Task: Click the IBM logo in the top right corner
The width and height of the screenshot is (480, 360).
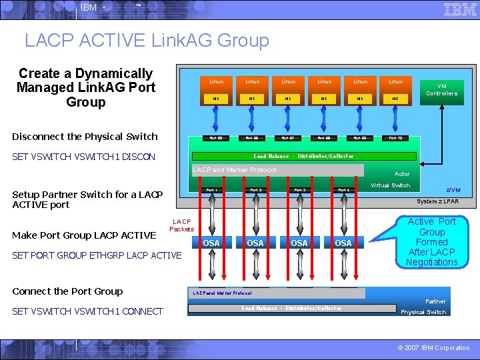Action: coord(460,9)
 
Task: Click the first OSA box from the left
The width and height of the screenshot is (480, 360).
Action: coord(211,243)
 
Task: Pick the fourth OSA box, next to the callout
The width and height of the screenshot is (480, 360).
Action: coord(343,243)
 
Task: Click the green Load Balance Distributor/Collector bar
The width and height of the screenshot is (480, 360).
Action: coord(303,156)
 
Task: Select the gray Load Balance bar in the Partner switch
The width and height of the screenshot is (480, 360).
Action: coord(291,308)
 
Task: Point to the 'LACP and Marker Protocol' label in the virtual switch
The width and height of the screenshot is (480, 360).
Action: coord(235,170)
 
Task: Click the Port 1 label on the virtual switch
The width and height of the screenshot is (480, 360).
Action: coord(211,190)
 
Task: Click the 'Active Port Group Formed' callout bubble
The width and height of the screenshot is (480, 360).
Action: coord(431,241)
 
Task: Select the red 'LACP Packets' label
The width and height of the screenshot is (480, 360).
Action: coord(181,225)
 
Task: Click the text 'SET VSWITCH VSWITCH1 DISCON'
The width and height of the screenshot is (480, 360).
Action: coord(83,157)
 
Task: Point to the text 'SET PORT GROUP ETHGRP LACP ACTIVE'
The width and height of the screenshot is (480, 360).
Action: coord(97,255)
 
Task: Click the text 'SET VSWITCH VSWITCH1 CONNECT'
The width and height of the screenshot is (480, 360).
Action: coord(87,311)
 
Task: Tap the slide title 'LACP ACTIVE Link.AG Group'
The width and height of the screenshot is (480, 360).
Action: coord(147,41)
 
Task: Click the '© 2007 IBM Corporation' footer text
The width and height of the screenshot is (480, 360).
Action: coord(433,347)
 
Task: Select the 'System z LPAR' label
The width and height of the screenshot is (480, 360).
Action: coord(437,201)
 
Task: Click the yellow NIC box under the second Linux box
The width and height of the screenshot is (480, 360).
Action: coord(252,98)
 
